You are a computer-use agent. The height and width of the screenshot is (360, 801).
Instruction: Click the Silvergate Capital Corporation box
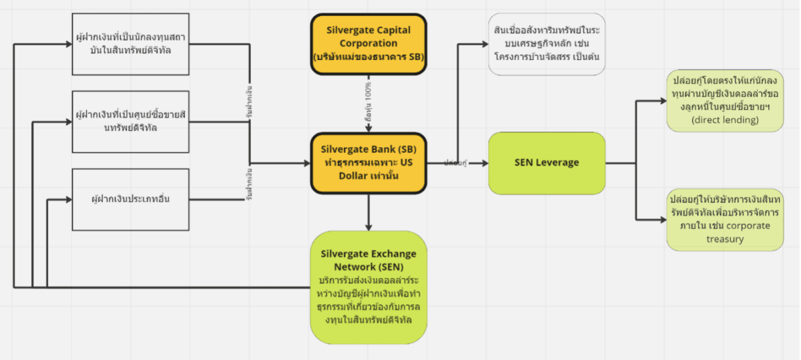coord(368,43)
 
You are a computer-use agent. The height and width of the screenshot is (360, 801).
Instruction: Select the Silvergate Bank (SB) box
coord(368,164)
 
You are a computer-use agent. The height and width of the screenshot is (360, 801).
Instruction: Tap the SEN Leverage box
coord(547,163)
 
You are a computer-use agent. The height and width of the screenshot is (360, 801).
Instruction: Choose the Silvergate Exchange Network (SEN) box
coord(368,287)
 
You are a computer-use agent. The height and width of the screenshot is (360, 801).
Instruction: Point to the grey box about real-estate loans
coord(547,44)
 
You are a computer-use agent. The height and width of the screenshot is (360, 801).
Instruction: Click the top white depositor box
coord(121,43)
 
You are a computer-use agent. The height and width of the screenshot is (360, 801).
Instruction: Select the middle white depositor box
coord(121,122)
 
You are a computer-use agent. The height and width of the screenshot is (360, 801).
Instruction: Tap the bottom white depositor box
coord(121,198)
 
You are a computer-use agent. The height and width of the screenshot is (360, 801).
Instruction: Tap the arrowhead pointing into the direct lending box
coord(663,102)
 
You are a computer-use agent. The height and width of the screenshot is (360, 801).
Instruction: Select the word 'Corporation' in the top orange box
coord(368,43)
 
